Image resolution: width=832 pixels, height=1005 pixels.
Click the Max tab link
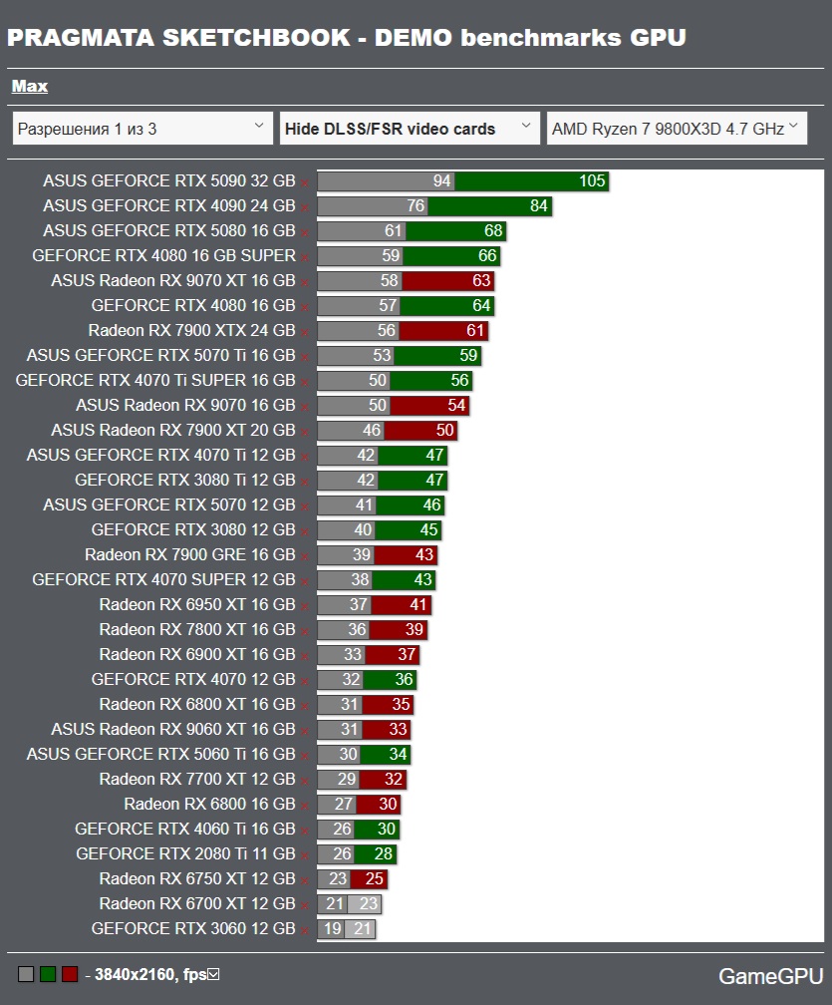pos(30,87)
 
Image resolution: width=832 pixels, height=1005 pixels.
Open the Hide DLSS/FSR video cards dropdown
pos(409,129)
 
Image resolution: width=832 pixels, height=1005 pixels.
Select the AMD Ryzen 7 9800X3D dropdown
pos(676,129)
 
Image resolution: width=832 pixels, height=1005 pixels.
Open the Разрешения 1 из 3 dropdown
pos(141,129)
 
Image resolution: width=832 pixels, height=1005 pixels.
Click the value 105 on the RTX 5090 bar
pos(592,181)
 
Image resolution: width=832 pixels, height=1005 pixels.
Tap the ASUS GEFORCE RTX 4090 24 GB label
pos(169,206)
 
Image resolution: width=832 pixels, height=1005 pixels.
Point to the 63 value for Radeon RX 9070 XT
pos(482,281)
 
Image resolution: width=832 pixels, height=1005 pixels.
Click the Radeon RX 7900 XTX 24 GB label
pos(191,331)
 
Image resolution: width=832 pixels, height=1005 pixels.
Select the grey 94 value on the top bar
pos(441,181)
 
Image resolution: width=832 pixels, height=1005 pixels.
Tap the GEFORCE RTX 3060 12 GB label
pos(193,929)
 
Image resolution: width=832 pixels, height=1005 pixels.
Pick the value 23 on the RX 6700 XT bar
pos(369,904)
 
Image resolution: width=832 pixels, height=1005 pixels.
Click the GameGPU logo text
pos(770,976)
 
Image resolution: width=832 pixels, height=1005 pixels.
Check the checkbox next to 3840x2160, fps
pos(212,974)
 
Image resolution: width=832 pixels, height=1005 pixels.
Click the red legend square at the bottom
pos(69,974)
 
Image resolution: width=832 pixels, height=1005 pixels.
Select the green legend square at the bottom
pos(47,974)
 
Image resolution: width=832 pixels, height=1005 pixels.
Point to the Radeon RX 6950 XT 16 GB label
pos(197,605)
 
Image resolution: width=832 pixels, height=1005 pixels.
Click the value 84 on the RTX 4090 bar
pos(539,206)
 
